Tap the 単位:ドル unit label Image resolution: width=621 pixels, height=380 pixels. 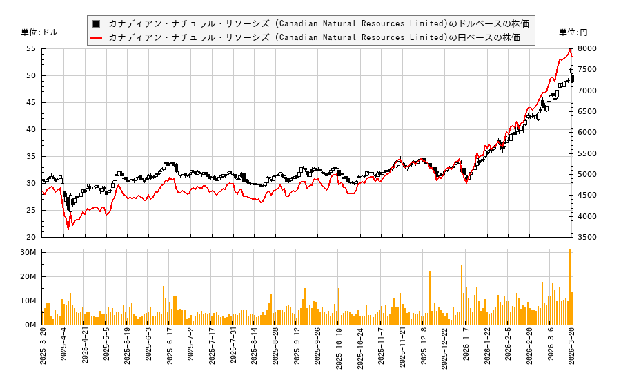point(40,32)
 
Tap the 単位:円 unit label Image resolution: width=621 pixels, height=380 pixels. point(573,32)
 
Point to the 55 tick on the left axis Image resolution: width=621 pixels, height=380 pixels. point(31,49)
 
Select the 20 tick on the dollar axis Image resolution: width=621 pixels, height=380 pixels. point(31,237)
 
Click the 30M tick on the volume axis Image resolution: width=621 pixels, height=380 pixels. point(28,253)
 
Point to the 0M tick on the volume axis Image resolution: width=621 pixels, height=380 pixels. point(30,325)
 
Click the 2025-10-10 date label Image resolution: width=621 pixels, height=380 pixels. point(339,352)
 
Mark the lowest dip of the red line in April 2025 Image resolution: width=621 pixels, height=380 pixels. point(68,229)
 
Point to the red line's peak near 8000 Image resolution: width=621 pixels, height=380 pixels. point(570,50)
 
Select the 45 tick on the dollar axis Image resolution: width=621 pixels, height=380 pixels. point(31,103)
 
